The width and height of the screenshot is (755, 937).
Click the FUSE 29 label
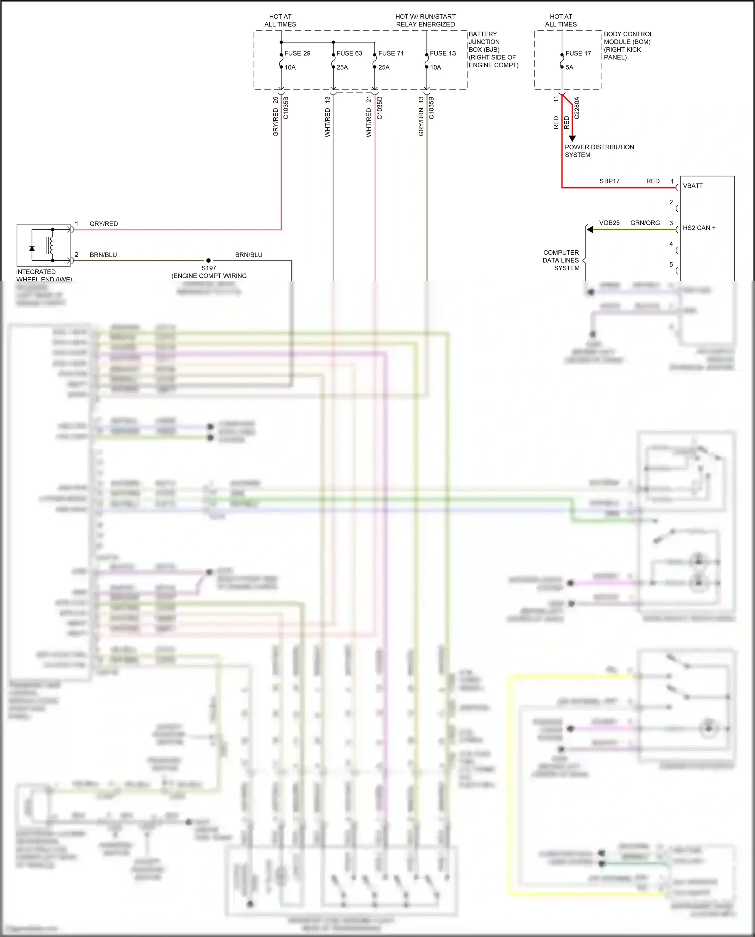click(x=297, y=53)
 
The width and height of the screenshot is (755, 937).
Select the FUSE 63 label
click(x=349, y=53)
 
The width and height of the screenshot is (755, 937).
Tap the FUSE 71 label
click(x=391, y=53)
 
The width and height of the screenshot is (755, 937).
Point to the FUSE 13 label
click(x=442, y=53)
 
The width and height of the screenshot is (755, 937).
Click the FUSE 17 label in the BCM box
click(x=578, y=53)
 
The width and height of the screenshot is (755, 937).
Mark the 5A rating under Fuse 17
click(x=569, y=67)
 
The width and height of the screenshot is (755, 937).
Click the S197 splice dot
click(x=208, y=261)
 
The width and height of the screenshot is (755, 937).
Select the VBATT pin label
click(x=693, y=186)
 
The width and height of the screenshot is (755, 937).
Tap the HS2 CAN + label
click(x=699, y=228)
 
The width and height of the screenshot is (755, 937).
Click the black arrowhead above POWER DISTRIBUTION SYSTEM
click(x=572, y=138)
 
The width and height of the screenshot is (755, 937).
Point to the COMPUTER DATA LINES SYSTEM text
click(x=561, y=260)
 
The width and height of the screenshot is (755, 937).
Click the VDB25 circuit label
click(x=609, y=223)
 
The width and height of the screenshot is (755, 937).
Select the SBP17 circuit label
click(x=609, y=181)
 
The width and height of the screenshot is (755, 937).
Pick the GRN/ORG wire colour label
click(x=645, y=223)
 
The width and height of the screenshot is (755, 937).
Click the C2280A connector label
click(x=577, y=108)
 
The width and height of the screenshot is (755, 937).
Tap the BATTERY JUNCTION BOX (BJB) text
click(x=484, y=42)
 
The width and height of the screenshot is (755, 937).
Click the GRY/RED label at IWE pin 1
click(x=104, y=224)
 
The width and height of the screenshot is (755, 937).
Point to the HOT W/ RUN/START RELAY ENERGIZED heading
click(x=425, y=20)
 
